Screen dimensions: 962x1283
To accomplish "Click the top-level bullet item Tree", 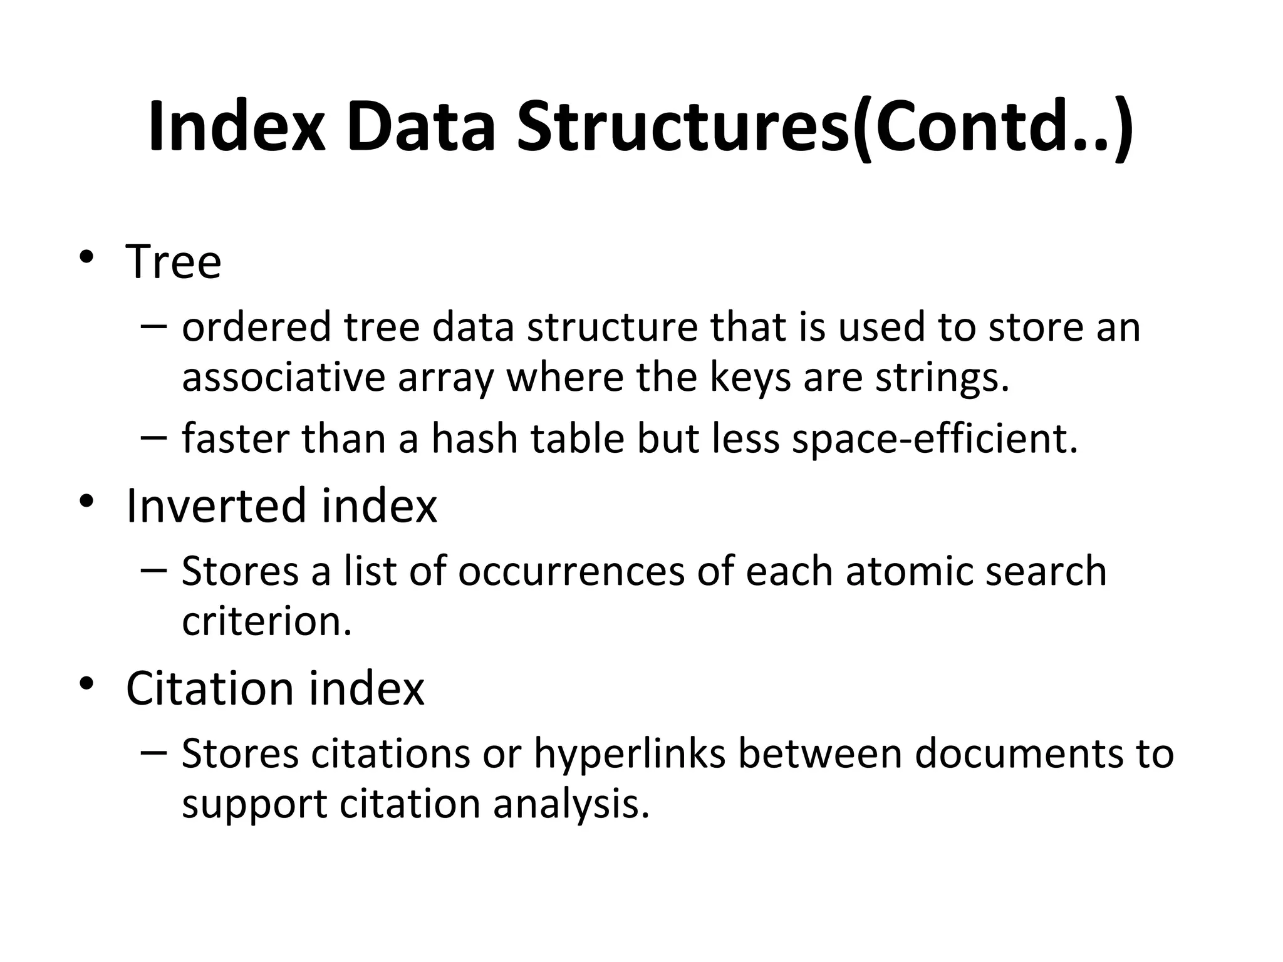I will coord(174,261).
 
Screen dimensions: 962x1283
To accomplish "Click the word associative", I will coord(283,377).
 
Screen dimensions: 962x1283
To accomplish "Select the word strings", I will coord(942,377).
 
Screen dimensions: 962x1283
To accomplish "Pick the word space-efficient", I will coord(935,438).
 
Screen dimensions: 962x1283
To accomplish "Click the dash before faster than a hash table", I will coord(154,436).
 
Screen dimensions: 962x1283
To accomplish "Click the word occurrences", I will coord(571,571).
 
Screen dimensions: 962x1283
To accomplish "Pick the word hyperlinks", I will coord(630,753).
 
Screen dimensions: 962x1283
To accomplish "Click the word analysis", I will coord(571,804).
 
